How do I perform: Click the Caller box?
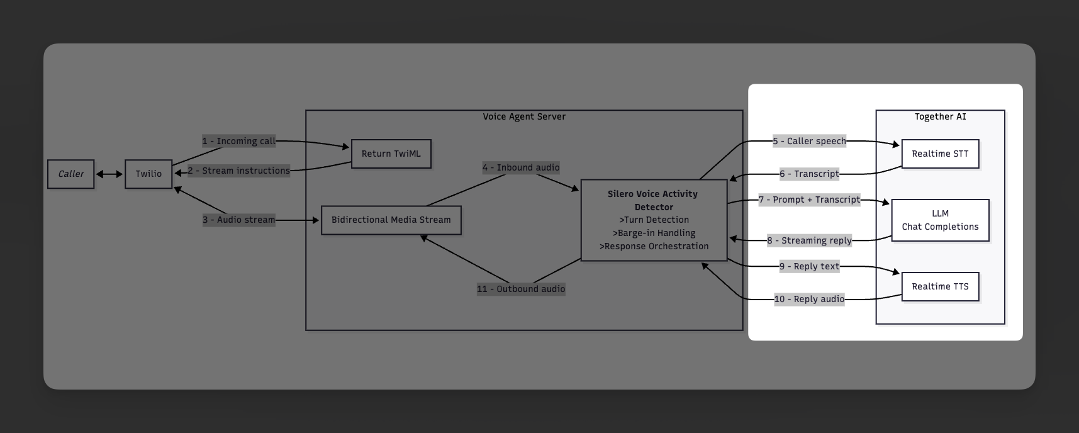click(70, 174)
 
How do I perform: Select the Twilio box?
click(148, 174)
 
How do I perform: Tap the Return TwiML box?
click(391, 154)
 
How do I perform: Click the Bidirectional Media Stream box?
click(391, 220)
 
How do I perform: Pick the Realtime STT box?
click(940, 154)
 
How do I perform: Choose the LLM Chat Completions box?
click(940, 220)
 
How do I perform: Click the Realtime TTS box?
click(940, 287)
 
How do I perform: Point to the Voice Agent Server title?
click(523, 116)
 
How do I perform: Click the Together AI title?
click(940, 116)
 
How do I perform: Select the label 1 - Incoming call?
click(238, 141)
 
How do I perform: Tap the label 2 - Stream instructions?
click(238, 171)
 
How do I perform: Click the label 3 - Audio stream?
click(238, 220)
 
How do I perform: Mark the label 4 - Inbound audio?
click(520, 167)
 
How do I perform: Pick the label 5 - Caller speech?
click(809, 141)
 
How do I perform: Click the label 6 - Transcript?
click(809, 174)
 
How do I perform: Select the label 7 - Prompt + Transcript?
click(809, 200)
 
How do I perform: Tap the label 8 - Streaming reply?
click(809, 240)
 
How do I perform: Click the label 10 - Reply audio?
click(809, 299)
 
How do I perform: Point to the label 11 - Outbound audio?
click(520, 289)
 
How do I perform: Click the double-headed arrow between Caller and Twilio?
click(109, 174)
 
